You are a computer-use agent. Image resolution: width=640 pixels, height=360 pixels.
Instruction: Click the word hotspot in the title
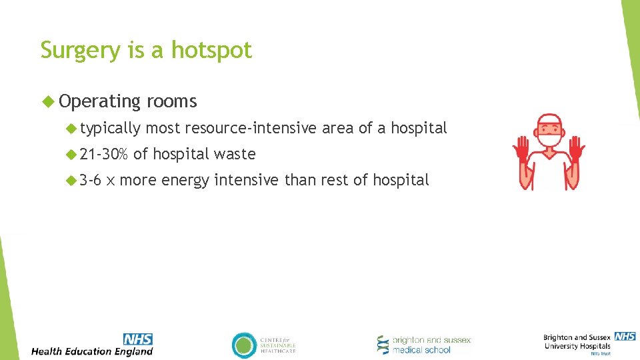point(212,51)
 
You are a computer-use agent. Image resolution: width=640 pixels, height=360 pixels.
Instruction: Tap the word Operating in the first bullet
point(99,101)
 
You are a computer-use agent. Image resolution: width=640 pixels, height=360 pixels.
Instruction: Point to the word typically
point(110,128)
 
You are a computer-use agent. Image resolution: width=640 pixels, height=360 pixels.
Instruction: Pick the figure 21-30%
point(103,154)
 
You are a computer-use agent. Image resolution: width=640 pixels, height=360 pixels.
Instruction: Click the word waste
point(235,154)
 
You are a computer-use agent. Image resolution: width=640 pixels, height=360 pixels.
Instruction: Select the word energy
point(185,180)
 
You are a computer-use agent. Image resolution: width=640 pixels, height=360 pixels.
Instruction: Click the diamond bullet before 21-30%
point(71,154)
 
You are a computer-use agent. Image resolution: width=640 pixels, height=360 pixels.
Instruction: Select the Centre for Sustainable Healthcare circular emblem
point(244,345)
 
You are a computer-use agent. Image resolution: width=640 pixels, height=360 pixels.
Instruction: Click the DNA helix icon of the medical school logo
point(383,345)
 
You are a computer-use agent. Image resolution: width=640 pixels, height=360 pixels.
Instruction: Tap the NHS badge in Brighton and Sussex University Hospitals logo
point(625,337)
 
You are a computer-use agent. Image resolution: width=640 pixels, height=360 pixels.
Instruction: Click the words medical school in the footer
point(421,350)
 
